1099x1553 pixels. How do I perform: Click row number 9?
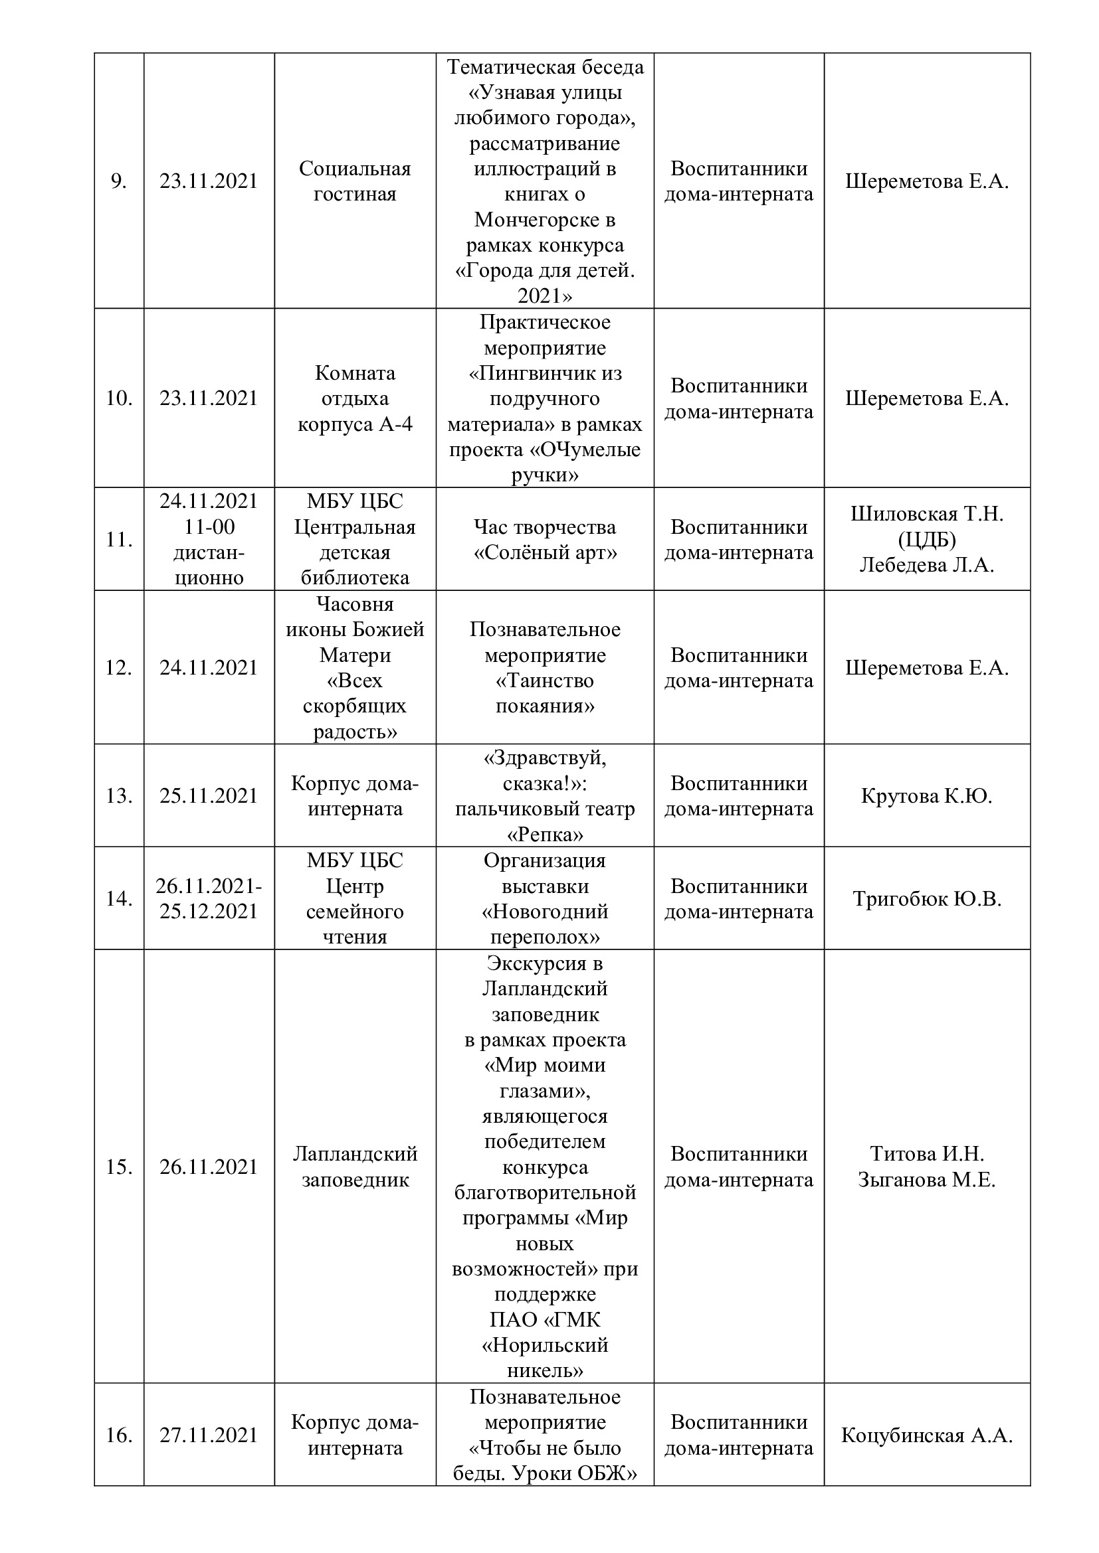(118, 181)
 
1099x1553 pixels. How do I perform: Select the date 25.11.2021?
(209, 795)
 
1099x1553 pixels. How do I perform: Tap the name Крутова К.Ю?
(926, 795)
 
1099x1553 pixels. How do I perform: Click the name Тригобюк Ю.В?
(926, 898)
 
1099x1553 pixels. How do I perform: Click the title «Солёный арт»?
(545, 552)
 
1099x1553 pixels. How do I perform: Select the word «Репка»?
(545, 834)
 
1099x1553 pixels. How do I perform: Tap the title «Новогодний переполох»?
(545, 924)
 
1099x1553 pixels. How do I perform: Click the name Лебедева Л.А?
(926, 565)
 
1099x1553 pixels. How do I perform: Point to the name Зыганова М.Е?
(926, 1180)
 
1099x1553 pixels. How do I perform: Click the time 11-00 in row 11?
(209, 527)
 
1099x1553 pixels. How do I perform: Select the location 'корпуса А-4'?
(355, 424)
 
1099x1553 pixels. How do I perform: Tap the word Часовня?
(355, 604)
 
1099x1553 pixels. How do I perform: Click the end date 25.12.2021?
(209, 911)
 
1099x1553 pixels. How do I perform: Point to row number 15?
(118, 1167)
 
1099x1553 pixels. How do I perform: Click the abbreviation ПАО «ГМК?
(545, 1319)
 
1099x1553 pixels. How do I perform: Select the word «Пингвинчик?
(545, 373)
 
